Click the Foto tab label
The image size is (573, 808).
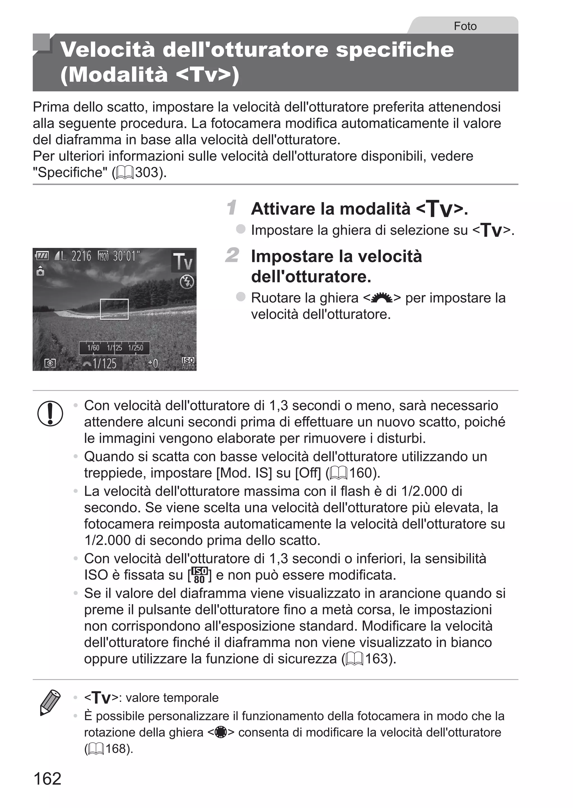465,26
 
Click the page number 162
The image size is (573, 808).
47,778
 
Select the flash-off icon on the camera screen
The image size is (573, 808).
187,282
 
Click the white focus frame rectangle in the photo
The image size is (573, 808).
114,309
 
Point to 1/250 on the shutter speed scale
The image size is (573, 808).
136,348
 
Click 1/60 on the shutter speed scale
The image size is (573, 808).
93,348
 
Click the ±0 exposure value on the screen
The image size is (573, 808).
153,364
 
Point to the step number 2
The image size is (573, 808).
232,256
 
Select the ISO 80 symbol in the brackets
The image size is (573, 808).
199,575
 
